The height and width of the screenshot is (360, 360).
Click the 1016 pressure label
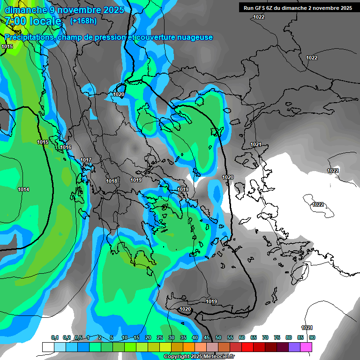coord(66,148)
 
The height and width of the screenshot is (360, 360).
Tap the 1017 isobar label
coord(85,160)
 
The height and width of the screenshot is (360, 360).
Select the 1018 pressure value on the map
coord(112,181)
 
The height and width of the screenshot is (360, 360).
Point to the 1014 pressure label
coord(23,189)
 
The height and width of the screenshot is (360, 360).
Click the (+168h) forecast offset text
coord(83,21)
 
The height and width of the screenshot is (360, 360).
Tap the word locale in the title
coord(45,21)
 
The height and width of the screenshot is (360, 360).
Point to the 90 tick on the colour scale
coord(312,338)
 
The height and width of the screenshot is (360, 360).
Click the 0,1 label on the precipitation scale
coord(55,338)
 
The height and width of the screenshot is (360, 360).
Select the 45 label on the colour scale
coord(207,338)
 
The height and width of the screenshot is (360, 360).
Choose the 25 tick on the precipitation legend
coord(160,338)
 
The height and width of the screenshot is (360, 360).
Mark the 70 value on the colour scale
coord(265,338)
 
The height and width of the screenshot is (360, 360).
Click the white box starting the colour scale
coord(48,347)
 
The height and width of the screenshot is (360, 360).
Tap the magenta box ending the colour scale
coord(306,347)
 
